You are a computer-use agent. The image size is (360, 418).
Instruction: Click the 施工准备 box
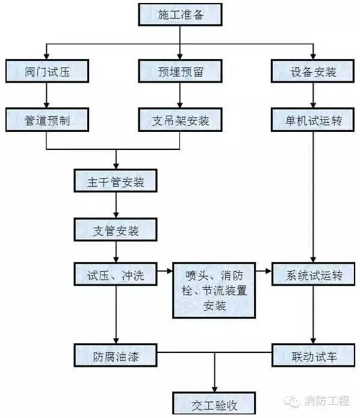[180, 14]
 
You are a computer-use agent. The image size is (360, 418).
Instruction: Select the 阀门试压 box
[47, 72]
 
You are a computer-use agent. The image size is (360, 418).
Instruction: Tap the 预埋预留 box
[180, 72]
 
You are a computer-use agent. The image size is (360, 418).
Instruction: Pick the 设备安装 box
[312, 72]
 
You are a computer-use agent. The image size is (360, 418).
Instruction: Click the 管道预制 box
[47, 120]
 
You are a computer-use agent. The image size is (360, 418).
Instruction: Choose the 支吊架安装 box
[180, 120]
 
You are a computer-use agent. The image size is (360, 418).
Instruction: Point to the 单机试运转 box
[312, 120]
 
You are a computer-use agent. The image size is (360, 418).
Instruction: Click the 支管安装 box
[116, 229]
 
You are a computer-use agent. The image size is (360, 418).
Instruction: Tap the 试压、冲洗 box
[116, 275]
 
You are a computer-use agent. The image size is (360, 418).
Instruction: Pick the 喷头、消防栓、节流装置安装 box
[214, 290]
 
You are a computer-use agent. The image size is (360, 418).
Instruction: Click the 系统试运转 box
[312, 275]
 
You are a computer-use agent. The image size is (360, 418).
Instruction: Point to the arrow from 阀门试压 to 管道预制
[47, 95]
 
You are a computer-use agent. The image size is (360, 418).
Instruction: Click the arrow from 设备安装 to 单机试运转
[312, 95]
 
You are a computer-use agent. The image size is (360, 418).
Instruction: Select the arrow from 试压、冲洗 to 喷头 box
[165, 275]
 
